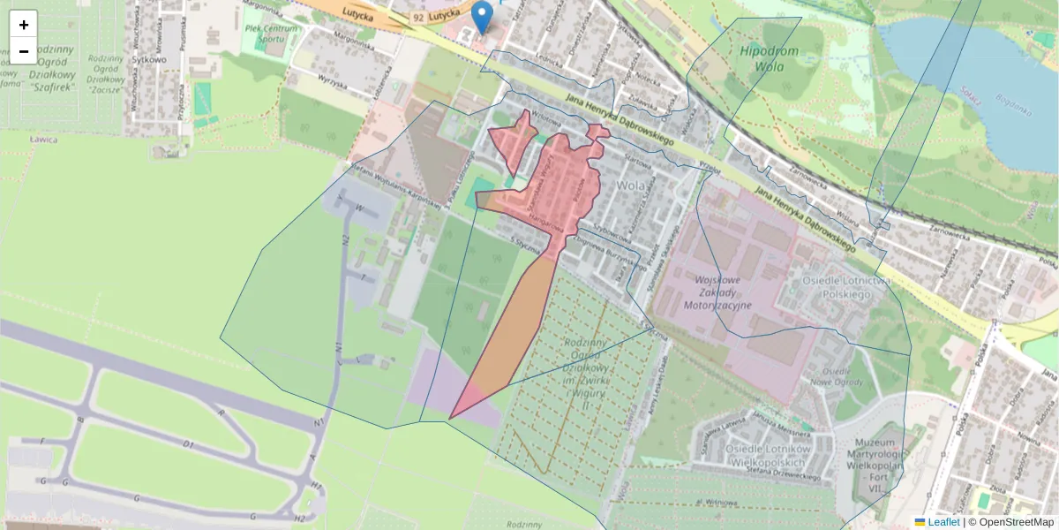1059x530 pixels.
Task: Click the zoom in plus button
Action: click(24, 25)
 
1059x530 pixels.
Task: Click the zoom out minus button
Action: click(24, 51)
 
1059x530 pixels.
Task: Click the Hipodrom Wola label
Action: click(770, 58)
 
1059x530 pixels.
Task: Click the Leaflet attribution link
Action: click(943, 522)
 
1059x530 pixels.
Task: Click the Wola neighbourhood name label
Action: click(632, 185)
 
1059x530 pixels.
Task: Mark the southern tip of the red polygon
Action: click(450, 418)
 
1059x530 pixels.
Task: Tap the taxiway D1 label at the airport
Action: click(187, 445)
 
